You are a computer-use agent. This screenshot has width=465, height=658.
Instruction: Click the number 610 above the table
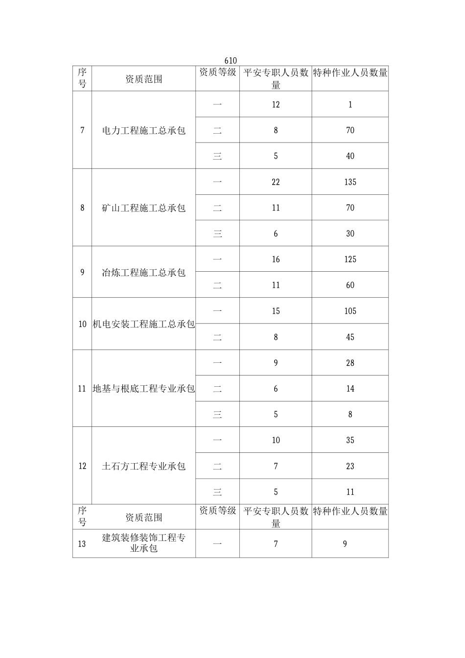point(231,61)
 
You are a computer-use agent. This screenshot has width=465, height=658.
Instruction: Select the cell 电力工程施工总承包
point(143,131)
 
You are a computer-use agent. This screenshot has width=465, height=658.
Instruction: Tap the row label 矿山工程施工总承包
point(143,208)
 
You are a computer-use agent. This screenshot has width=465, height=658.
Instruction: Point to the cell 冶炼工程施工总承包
point(143,273)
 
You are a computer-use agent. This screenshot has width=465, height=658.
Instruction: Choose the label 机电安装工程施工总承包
point(143,324)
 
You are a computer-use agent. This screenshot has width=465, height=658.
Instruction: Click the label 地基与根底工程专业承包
point(143,389)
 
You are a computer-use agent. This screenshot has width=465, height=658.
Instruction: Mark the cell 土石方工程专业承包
point(143,466)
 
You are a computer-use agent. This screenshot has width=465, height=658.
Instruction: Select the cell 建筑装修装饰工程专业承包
point(143,543)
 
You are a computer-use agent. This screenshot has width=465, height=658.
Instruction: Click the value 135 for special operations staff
point(350,182)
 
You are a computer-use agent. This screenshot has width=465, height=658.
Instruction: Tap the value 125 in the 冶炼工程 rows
point(350,259)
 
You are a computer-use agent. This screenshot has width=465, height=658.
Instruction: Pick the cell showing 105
point(350,311)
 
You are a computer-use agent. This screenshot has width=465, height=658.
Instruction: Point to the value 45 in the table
point(350,337)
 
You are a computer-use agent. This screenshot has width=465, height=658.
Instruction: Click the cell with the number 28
point(350,363)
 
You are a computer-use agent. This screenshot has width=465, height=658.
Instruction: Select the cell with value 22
point(276,182)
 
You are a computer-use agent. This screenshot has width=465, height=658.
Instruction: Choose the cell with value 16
point(276,259)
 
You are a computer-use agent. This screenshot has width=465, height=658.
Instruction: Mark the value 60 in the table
point(350,285)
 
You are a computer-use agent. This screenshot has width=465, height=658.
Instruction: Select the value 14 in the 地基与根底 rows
point(350,389)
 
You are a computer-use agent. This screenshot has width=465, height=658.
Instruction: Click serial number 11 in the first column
point(82,389)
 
